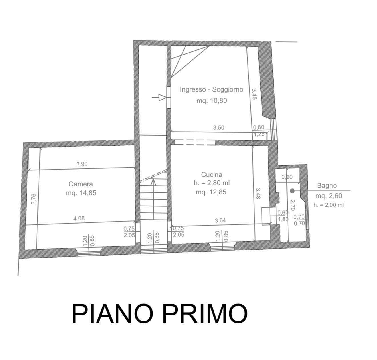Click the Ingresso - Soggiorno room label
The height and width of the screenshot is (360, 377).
pyautogui.click(x=212, y=90)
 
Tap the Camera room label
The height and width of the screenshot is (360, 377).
pyautogui.click(x=81, y=184)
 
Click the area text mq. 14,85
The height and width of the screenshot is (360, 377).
pyautogui.click(x=81, y=193)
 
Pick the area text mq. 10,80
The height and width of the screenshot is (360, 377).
pyautogui.click(x=212, y=100)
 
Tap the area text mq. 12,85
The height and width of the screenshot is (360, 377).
pyautogui.click(x=211, y=192)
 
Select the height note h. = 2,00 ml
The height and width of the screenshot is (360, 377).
pyautogui.click(x=329, y=205)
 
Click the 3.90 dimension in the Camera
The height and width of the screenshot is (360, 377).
pyautogui.click(x=82, y=164)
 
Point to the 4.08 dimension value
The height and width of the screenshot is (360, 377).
pyautogui.click(x=79, y=218)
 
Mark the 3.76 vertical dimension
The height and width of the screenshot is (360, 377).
pyautogui.click(x=33, y=199)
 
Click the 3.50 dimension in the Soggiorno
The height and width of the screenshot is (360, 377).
pyautogui.click(x=219, y=128)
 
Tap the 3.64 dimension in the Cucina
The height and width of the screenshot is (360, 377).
pyautogui.click(x=220, y=220)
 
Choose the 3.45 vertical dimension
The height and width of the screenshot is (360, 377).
pyautogui.click(x=254, y=94)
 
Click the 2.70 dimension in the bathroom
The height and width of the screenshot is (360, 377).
pyautogui.click(x=292, y=205)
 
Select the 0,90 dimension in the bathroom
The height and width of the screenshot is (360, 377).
pyautogui.click(x=287, y=177)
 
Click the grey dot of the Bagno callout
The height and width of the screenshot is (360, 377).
pyautogui.click(x=292, y=191)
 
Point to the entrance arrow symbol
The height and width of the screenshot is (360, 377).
pyautogui.click(x=159, y=97)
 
